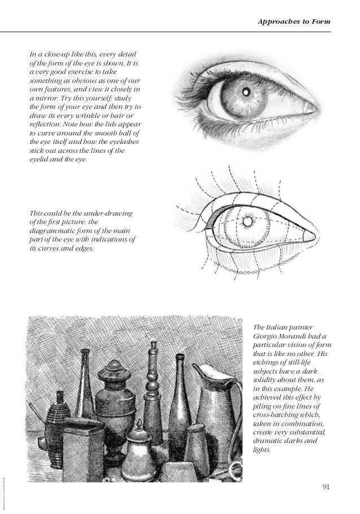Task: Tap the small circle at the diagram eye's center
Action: click(x=247, y=222)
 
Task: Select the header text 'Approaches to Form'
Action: click(x=293, y=21)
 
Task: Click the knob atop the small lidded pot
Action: click(x=138, y=424)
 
